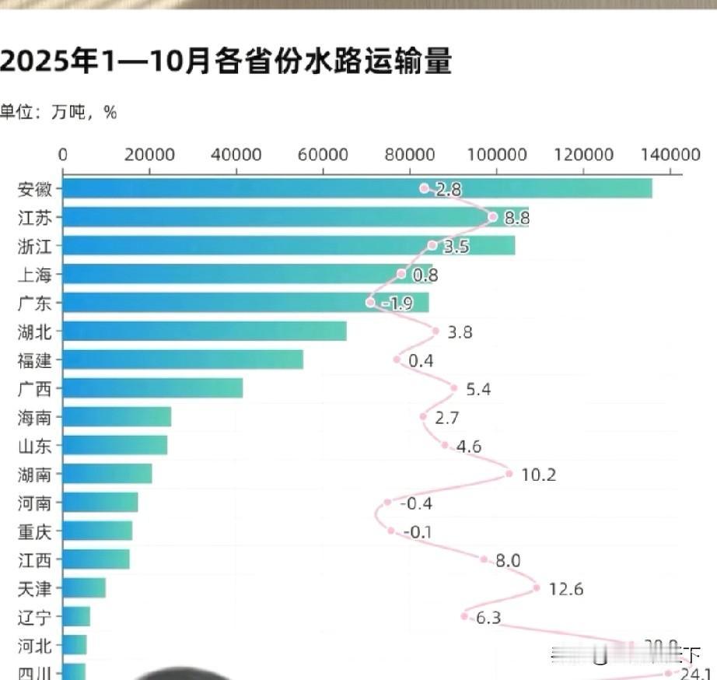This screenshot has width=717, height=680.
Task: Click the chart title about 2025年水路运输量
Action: pyautogui.click(x=226, y=61)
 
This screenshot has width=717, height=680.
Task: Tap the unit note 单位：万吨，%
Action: pyautogui.click(x=58, y=113)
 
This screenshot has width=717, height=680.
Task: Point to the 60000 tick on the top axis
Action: pyautogui.click(x=323, y=154)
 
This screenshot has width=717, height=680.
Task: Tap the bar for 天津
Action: pyautogui.click(x=83, y=587)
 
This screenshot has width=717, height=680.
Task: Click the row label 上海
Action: pyautogui.click(x=35, y=275)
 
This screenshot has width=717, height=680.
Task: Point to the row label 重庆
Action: pyautogui.click(x=35, y=531)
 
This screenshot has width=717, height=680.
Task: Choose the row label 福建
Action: pyautogui.click(x=35, y=360)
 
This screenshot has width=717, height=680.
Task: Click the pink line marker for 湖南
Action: pyautogui.click(x=509, y=473)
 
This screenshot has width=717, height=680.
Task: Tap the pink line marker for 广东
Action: pyautogui.click(x=370, y=303)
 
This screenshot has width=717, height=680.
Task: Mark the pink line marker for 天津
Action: pyautogui.click(x=537, y=588)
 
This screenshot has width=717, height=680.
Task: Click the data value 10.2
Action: pyautogui.click(x=538, y=475)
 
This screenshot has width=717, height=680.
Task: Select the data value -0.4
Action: pyautogui.click(x=416, y=503)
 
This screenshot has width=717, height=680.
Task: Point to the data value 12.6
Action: pyautogui.click(x=565, y=589)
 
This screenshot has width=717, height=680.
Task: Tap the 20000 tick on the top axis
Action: pyautogui.click(x=149, y=154)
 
